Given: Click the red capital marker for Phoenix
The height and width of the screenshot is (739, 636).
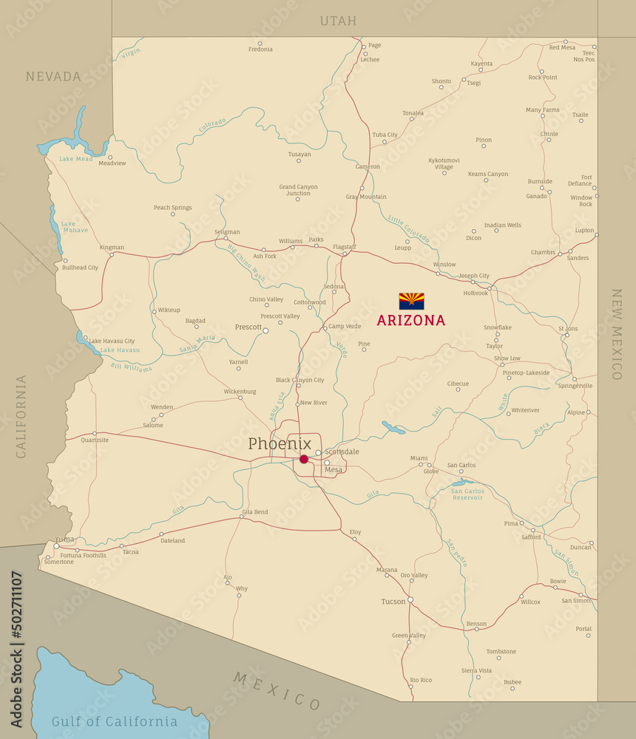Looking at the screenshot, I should (303, 459).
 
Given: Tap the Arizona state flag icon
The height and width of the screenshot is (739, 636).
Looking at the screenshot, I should (411, 301).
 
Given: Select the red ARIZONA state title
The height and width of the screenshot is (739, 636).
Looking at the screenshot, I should (411, 321).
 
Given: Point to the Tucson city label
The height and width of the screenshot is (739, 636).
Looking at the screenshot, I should (393, 602).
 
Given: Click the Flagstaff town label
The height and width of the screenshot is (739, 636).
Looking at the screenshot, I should (344, 247).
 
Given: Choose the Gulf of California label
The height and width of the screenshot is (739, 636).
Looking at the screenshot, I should (114, 721).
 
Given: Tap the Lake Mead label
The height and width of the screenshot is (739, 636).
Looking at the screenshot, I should (76, 159).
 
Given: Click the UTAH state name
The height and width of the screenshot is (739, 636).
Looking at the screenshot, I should (338, 21).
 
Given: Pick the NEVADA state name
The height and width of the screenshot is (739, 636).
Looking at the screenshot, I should (53, 76).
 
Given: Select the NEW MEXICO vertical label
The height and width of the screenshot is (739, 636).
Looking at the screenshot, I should (616, 334).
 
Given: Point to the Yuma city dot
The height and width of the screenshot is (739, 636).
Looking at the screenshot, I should (56, 546).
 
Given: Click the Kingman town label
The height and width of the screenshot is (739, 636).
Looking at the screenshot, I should (112, 248).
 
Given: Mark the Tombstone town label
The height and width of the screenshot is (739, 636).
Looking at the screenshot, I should (501, 652).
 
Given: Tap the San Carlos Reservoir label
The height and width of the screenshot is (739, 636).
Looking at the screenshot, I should (467, 494).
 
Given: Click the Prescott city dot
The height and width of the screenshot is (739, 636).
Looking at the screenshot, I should (265, 330).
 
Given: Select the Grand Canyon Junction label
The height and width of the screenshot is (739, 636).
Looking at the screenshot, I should (298, 190).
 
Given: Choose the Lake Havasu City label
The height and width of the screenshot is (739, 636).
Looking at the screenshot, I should (112, 341).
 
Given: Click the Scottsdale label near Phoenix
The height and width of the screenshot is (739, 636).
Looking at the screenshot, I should (342, 452).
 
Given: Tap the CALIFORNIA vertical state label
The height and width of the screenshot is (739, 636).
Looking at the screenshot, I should (21, 416).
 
